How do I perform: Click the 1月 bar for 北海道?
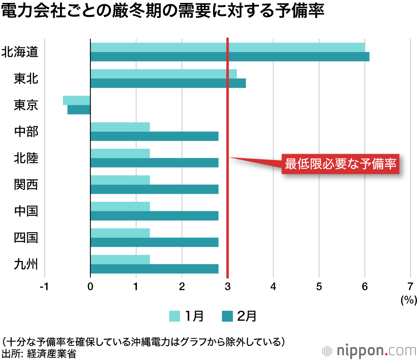point(227,47)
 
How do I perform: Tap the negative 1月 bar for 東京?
point(76,100)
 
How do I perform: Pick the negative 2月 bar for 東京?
point(79,110)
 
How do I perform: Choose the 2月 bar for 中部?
point(154,136)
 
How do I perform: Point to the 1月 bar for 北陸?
point(120,154)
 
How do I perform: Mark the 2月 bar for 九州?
point(154,269)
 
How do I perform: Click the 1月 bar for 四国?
point(120,233)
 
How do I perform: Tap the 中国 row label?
point(26,211)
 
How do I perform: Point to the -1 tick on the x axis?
point(44,287)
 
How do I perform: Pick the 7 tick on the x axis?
point(410,287)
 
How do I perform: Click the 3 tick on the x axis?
point(227,287)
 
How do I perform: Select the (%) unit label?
point(408,299)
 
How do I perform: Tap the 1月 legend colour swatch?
point(174,317)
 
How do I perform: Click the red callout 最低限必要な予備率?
point(340,164)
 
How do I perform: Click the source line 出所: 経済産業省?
point(39,353)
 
